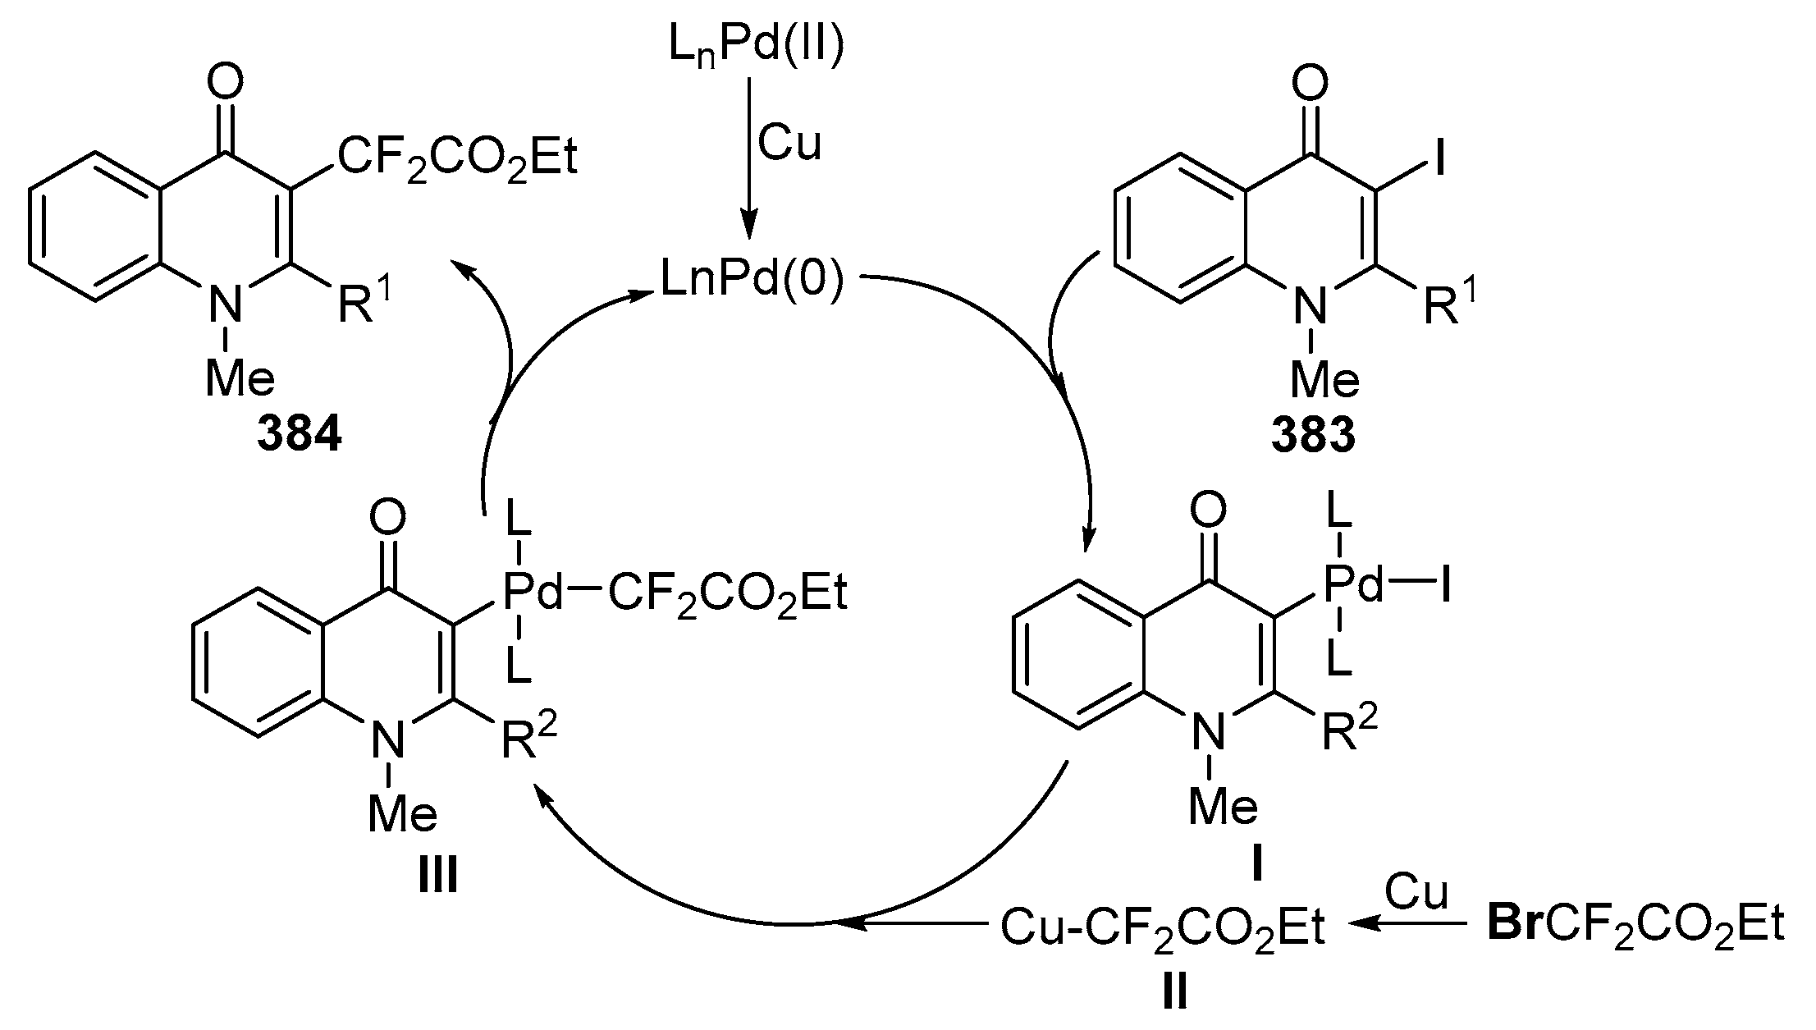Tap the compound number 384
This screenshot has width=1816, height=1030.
tap(299, 435)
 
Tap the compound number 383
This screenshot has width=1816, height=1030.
tap(1313, 435)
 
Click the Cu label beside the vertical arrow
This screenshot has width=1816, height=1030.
tap(789, 142)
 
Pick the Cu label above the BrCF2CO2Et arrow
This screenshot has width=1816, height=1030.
tap(1416, 892)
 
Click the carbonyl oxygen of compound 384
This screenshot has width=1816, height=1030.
tap(225, 81)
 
